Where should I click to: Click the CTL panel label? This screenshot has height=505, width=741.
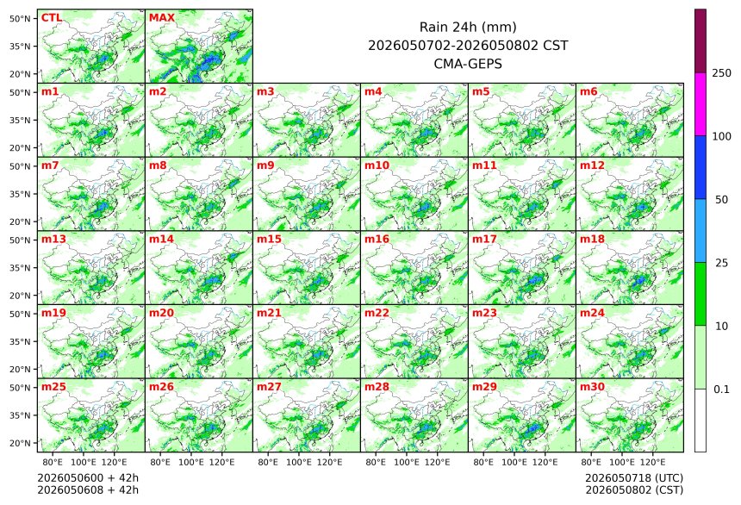52,17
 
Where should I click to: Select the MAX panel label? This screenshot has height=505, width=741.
162,17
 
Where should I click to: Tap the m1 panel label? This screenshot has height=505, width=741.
50,91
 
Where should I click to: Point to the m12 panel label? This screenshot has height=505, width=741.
592,165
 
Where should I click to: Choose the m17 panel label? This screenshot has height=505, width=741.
484,239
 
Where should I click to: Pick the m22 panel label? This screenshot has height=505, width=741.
377,313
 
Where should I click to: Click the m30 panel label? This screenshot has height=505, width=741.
592,386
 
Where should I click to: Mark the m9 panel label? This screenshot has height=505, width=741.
265,165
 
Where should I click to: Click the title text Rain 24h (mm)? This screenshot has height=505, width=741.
468,27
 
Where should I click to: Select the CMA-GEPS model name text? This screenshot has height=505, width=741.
468,64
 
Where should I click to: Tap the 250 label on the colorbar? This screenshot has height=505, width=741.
721,72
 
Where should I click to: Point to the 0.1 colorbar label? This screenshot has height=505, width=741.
721,390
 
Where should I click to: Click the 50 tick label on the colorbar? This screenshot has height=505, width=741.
721,200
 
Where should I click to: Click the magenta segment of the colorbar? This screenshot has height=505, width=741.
701,104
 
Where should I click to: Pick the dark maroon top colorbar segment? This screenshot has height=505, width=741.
701,41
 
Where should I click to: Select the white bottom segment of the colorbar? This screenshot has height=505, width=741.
701,421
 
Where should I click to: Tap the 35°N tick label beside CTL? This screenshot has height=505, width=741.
20,47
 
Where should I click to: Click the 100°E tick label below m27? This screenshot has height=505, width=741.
299,462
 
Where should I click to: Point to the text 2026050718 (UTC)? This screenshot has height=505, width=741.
634,477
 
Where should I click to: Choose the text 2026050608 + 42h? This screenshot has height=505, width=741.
88,489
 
